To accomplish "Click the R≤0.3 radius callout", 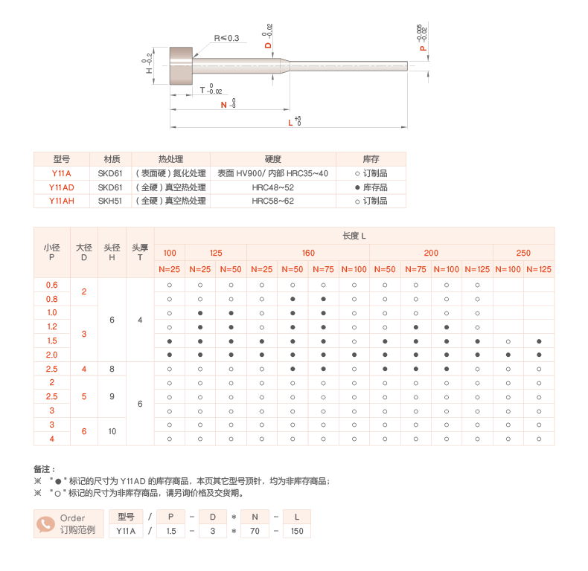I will coord(226,38).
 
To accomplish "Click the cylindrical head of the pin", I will coord(182,65).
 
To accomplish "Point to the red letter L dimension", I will coord(290,123).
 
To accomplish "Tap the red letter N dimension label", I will coord(224,105).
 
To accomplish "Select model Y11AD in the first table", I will coord(61,187).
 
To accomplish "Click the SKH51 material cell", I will coord(110,201).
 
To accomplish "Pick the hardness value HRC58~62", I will coord(272,201).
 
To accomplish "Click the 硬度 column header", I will coord(272,159).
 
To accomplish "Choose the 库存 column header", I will coord(371,159).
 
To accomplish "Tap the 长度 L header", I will coord(354,236).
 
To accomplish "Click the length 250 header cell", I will coord(523,253).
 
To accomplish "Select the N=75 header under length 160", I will coord(323,269).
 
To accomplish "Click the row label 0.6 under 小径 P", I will coord(51,285).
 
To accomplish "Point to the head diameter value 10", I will coord(112,431).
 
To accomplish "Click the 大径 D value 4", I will coord(83,369).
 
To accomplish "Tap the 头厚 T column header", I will coord(140,253).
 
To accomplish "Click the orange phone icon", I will coord(45,524).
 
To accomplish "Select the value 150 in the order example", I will coord(297,531).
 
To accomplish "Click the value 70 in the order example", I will coord(255,531).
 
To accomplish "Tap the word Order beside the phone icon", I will coord(73,518).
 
